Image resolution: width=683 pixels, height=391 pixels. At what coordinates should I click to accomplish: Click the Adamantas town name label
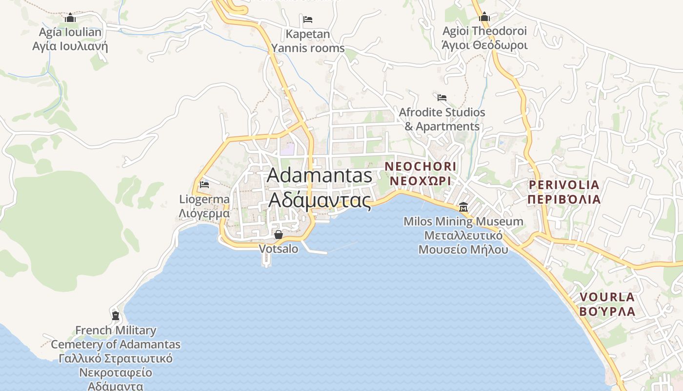pyautogui.click(x=320, y=175)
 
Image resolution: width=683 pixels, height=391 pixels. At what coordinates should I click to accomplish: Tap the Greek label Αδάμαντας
pyautogui.click(x=320, y=199)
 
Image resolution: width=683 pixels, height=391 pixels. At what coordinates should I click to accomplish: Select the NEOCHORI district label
pyautogui.click(x=421, y=167)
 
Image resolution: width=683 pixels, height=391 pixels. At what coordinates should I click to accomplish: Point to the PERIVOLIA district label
pyautogui.click(x=564, y=185)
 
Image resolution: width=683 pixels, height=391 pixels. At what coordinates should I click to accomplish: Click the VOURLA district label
pyautogui.click(x=607, y=297)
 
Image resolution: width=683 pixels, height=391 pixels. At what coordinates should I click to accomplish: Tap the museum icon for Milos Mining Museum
pyautogui.click(x=463, y=207)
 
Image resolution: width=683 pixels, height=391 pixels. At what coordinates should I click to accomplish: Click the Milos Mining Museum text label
pyautogui.click(x=463, y=222)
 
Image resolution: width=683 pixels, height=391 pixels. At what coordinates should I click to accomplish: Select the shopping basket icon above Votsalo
pyautogui.click(x=279, y=235)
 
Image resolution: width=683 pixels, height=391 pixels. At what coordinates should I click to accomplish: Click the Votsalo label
pyautogui.click(x=279, y=249)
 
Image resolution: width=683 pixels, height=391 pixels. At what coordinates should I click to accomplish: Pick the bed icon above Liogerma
pyautogui.click(x=204, y=185)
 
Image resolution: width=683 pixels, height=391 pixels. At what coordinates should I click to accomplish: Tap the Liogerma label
pyautogui.click(x=204, y=199)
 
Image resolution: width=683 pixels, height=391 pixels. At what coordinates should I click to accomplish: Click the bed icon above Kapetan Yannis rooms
pyautogui.click(x=308, y=20)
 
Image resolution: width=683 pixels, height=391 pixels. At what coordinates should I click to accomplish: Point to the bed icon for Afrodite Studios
pyautogui.click(x=442, y=98)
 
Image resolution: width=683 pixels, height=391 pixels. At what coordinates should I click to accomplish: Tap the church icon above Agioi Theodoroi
pyautogui.click(x=484, y=17)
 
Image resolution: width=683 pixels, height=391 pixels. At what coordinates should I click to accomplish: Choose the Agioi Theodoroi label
pyautogui.click(x=484, y=31)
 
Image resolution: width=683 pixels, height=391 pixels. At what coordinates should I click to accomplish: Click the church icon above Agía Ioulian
pyautogui.click(x=70, y=18)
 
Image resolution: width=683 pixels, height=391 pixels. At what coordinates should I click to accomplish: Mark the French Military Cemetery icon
pyautogui.click(x=116, y=315)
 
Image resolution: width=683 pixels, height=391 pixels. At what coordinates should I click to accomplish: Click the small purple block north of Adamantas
pyautogui.click(x=287, y=149)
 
